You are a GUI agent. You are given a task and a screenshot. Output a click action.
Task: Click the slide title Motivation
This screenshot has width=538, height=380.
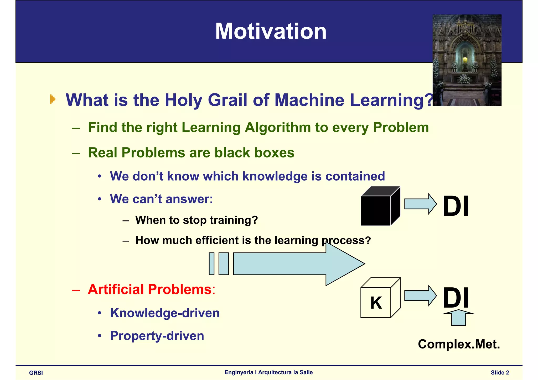(x=271, y=31)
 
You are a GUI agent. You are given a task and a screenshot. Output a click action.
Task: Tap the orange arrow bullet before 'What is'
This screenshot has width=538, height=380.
(x=53, y=99)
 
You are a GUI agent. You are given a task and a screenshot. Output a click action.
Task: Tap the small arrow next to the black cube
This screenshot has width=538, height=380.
(x=420, y=204)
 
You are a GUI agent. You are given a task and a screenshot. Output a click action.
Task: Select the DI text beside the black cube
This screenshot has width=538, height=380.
(x=456, y=206)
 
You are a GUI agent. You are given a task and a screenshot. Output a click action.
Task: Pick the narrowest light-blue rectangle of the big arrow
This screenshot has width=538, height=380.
(x=211, y=264)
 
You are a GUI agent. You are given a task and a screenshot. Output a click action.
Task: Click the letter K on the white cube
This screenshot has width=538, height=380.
(x=376, y=303)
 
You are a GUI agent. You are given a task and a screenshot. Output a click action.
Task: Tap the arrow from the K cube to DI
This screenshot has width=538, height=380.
(x=420, y=295)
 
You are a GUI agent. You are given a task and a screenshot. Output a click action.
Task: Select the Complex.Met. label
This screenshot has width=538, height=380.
(x=459, y=344)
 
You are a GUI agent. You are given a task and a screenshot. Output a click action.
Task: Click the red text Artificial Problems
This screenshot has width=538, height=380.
(x=150, y=289)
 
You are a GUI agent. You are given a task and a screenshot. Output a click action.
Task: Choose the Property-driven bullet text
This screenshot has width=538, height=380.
(x=157, y=336)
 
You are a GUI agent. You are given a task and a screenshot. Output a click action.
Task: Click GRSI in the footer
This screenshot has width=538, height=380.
(x=36, y=373)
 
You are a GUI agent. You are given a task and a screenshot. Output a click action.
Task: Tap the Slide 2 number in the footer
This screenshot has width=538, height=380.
(x=500, y=373)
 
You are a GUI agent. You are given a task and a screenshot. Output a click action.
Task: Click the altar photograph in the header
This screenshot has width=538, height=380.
(x=467, y=60)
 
